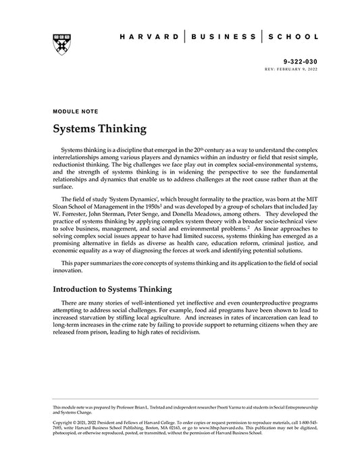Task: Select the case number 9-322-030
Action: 299,61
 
